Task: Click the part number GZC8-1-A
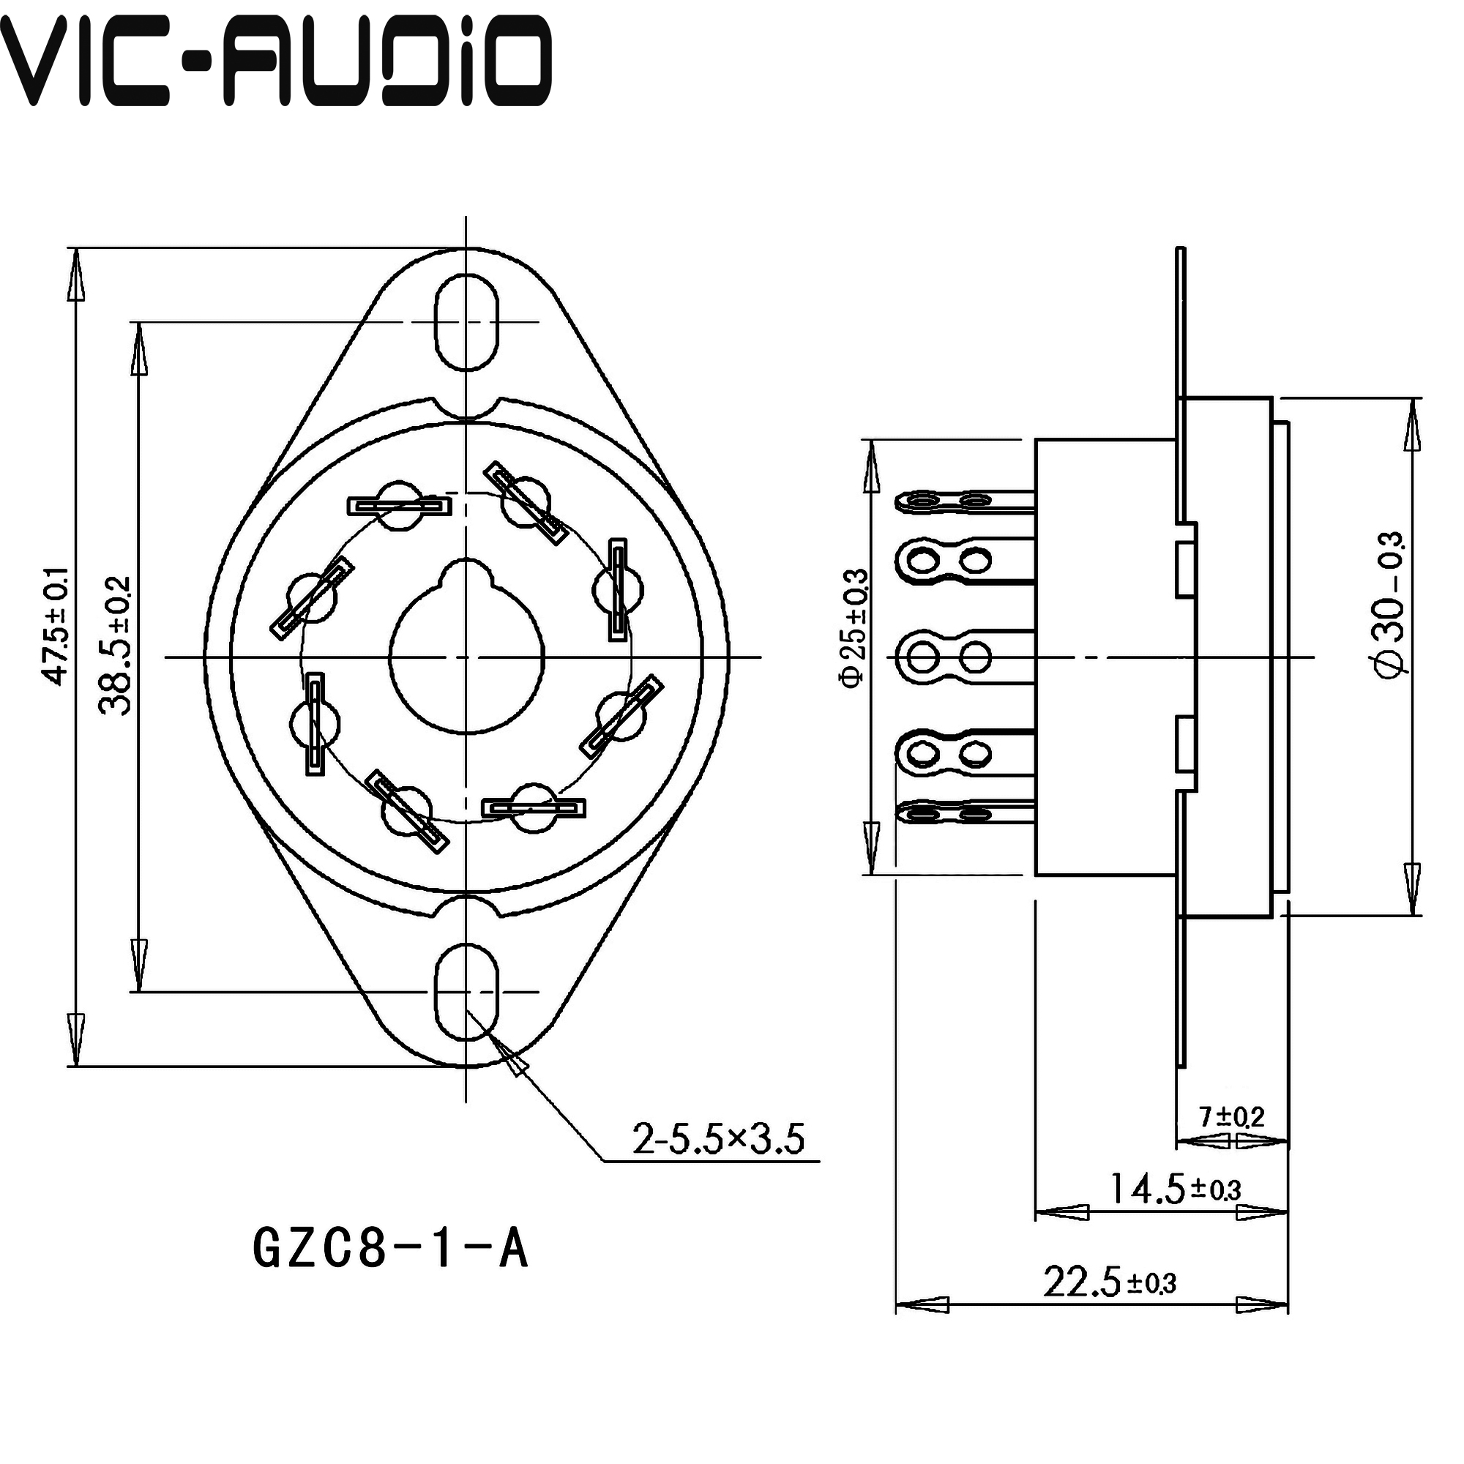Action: (389, 1250)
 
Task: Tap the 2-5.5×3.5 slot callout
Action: (717, 1139)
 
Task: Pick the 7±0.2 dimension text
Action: (1231, 1116)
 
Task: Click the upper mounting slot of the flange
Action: (467, 323)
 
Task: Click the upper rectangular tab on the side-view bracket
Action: (1185, 568)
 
